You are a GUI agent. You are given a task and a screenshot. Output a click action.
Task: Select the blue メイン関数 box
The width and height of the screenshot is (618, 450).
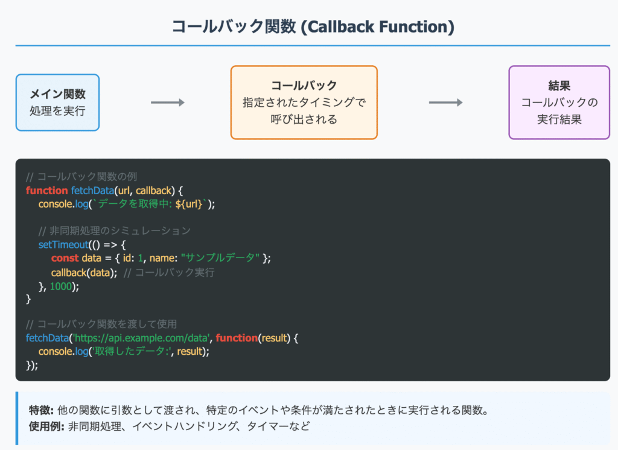[57, 103]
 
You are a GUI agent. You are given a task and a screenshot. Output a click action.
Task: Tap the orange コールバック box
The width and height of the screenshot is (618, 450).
[304, 103]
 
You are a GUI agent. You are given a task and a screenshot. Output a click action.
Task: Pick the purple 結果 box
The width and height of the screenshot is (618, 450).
[559, 103]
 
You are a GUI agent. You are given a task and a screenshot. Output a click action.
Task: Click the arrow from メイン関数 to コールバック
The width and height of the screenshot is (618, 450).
[168, 103]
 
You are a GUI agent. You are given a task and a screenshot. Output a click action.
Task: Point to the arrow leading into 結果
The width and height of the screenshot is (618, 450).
[445, 103]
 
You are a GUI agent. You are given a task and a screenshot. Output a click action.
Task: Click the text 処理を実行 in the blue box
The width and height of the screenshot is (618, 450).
[57, 111]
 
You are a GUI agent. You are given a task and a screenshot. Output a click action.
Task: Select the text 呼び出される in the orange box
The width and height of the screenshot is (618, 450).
[304, 119]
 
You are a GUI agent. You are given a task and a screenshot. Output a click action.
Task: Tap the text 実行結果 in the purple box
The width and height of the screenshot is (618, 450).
[559, 119]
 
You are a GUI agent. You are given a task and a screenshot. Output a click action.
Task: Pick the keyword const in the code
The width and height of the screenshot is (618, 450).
[65, 258]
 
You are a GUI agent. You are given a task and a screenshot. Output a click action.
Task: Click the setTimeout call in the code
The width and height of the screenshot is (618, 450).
[63, 244]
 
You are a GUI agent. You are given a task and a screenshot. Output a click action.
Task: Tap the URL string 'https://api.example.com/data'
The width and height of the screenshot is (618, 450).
[141, 338]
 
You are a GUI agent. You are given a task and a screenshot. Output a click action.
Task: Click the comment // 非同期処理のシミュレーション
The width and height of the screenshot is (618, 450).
[114, 231]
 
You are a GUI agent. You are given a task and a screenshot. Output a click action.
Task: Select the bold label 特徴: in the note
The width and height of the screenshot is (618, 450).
[42, 411]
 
